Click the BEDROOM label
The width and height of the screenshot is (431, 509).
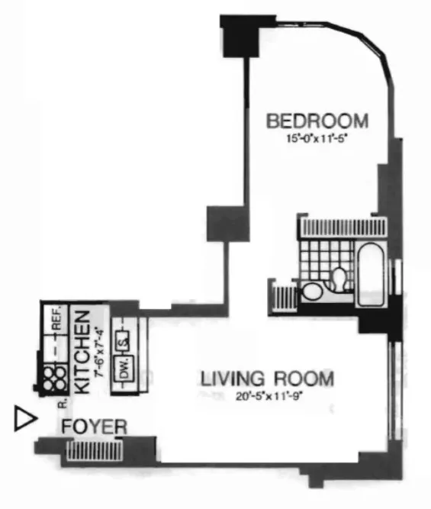point(317,121)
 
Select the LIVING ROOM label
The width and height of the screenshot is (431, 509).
point(267,379)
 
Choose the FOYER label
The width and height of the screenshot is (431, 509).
point(94,427)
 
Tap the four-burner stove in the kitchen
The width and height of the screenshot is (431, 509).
point(54,375)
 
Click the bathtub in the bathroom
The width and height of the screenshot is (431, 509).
point(375,273)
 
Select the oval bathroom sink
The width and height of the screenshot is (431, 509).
point(313,291)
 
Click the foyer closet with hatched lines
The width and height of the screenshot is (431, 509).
point(83,451)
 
